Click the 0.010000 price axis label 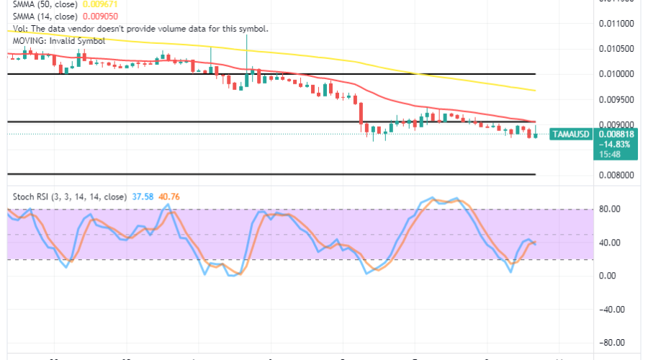(616, 73)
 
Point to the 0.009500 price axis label (616, 99)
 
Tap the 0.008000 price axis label (616, 174)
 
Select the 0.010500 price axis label (616, 48)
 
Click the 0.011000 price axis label (616, 23)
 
